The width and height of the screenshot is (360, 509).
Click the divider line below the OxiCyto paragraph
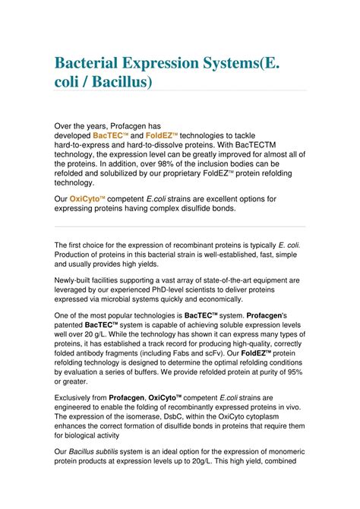180,226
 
